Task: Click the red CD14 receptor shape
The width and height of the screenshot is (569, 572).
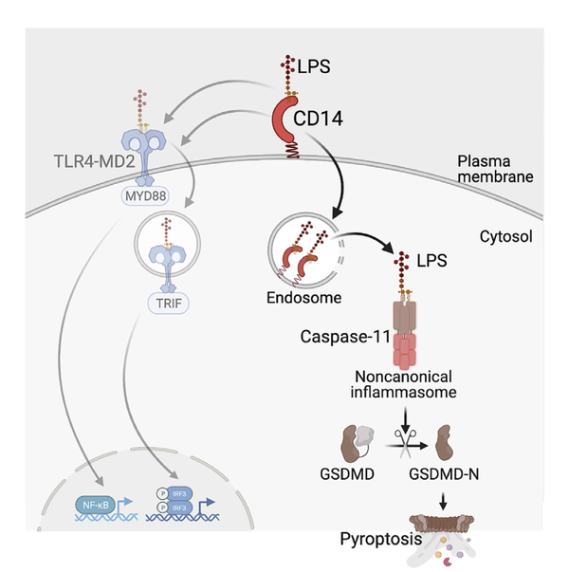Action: pyautogui.click(x=287, y=120)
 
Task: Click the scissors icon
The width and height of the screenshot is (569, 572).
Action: pyautogui.click(x=406, y=439)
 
